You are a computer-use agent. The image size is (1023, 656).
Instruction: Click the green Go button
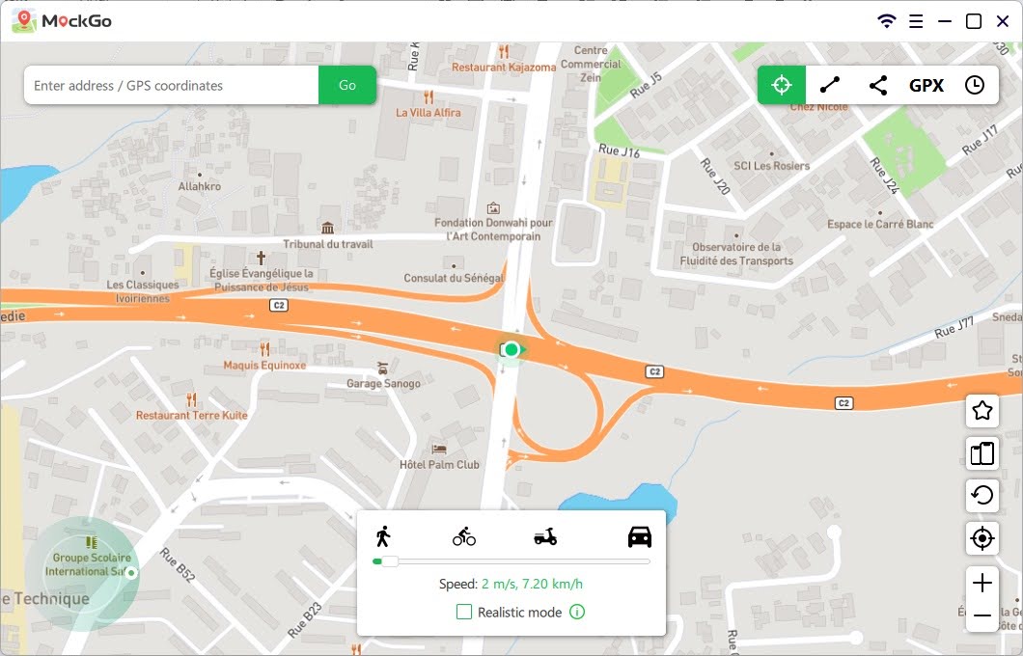347,85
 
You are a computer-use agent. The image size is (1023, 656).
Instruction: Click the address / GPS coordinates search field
172,85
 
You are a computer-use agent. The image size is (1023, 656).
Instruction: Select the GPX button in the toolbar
926,85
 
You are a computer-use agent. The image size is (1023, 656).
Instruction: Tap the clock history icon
975,85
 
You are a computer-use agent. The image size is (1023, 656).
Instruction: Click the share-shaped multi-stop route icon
878,85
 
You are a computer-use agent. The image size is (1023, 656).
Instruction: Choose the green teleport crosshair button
782,85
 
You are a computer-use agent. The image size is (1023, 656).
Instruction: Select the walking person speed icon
383,536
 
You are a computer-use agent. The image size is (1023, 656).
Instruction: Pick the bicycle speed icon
464,536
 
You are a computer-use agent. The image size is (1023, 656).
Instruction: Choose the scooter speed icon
545,536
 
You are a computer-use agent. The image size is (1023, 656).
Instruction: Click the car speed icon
640,536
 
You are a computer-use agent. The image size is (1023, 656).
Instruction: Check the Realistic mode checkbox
464,612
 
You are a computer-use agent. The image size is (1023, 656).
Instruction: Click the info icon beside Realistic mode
577,612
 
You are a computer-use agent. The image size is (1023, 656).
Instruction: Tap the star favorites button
982,411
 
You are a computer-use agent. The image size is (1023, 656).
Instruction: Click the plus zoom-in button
982,583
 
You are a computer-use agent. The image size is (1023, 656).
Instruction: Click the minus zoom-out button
982,615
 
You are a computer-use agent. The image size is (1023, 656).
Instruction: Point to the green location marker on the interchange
511,349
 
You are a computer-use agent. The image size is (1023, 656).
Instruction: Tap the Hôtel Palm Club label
439,464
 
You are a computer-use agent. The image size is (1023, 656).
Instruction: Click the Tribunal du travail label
328,244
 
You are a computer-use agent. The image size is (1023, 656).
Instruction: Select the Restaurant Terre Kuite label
191,415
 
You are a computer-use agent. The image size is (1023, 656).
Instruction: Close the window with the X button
1002,21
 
